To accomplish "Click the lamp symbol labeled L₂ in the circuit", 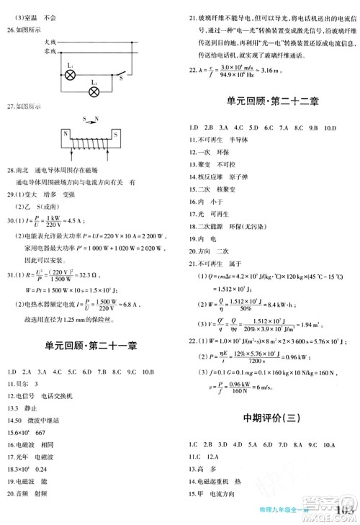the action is [94, 91].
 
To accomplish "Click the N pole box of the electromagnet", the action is [66, 135].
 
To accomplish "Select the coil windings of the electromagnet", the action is [91, 135].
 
